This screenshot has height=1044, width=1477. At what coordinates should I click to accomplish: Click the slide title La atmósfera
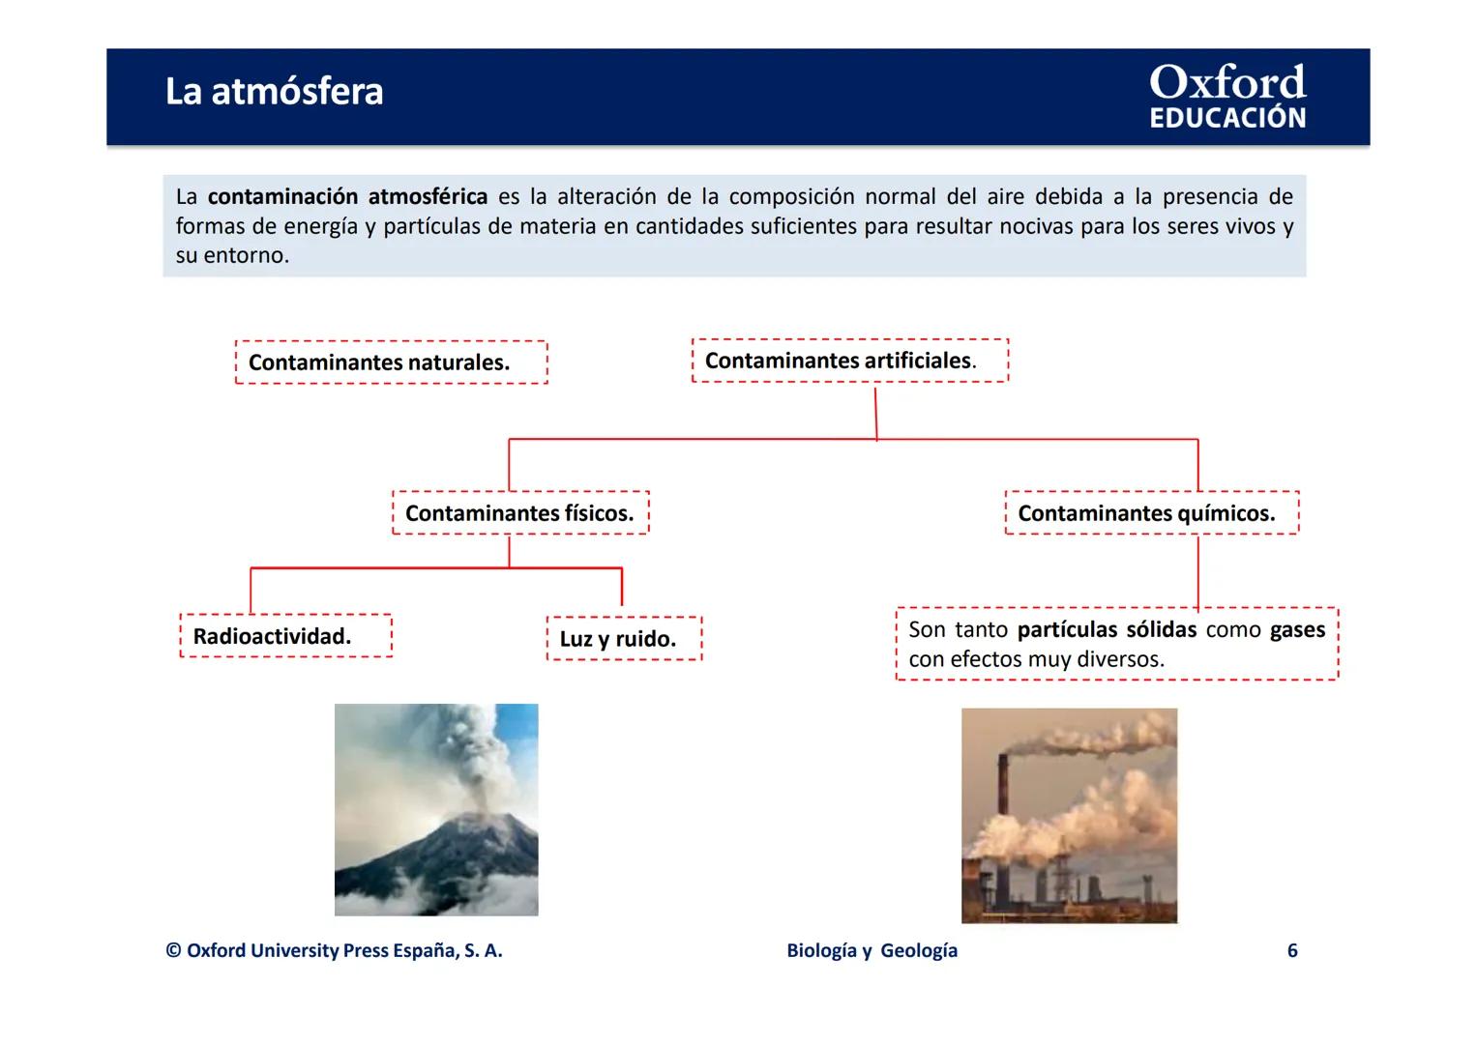(x=274, y=92)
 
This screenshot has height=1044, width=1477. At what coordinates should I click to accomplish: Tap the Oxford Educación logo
(x=1226, y=97)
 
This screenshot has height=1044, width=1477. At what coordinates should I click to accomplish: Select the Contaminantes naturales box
(x=391, y=362)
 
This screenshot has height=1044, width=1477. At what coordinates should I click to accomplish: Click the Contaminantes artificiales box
(x=849, y=361)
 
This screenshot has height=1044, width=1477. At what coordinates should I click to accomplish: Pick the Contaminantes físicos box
(x=519, y=513)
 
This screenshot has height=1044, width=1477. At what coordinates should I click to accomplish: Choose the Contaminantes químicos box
(x=1151, y=513)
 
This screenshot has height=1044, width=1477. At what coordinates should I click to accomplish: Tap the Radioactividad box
(x=285, y=636)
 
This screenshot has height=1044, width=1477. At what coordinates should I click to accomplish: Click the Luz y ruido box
(x=623, y=639)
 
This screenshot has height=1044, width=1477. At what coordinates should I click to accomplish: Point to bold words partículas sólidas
(x=1106, y=630)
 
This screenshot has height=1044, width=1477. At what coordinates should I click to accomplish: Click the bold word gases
(x=1297, y=630)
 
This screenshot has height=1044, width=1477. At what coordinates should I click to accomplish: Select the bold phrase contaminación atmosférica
(x=347, y=197)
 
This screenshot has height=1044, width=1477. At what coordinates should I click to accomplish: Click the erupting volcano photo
(x=436, y=810)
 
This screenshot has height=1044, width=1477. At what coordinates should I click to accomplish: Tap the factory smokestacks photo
(x=1069, y=816)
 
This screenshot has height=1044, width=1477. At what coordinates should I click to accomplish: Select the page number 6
(x=1291, y=950)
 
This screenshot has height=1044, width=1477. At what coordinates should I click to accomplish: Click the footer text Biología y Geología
(x=871, y=950)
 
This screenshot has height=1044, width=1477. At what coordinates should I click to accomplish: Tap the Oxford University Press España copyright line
(x=334, y=950)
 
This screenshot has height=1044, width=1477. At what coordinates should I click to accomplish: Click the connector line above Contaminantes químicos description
(x=1197, y=572)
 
